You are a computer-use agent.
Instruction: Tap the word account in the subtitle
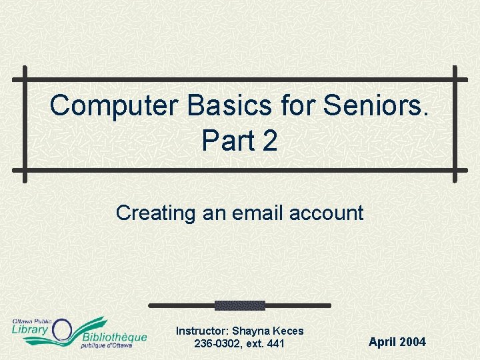pyautogui.click(x=327, y=213)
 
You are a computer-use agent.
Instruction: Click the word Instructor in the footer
pyautogui.click(x=202, y=331)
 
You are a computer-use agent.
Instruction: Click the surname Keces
pyautogui.click(x=288, y=331)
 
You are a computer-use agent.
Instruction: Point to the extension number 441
pyautogui.click(x=275, y=344)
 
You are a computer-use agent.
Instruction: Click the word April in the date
pyautogui.click(x=383, y=342)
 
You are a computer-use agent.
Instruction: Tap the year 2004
pyautogui.click(x=413, y=342)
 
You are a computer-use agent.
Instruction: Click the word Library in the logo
pyautogui.click(x=30, y=331)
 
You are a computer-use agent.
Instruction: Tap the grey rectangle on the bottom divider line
pyautogui.click(x=239, y=305)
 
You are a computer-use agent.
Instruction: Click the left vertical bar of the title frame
pyautogui.click(x=25, y=124)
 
